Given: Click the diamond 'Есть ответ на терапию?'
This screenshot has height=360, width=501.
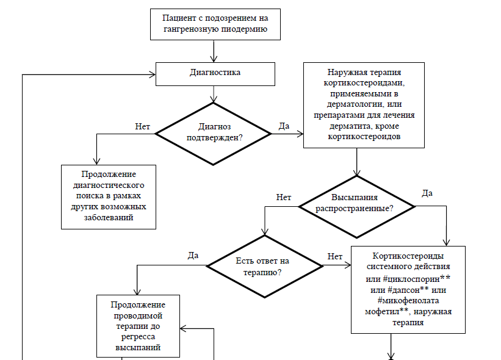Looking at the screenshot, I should (264, 267).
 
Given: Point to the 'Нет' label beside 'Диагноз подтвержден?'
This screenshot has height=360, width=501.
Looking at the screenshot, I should (142, 126).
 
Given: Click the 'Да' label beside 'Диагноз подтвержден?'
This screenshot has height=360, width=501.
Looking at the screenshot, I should (284, 126).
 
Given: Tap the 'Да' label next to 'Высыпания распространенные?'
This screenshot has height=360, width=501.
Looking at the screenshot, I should (428, 193).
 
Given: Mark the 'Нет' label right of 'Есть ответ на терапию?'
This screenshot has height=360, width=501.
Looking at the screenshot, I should (335, 256).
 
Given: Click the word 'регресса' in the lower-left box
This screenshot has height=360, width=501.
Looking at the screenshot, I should (138, 336).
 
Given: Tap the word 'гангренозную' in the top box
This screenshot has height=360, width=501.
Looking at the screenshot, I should (187, 29).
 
